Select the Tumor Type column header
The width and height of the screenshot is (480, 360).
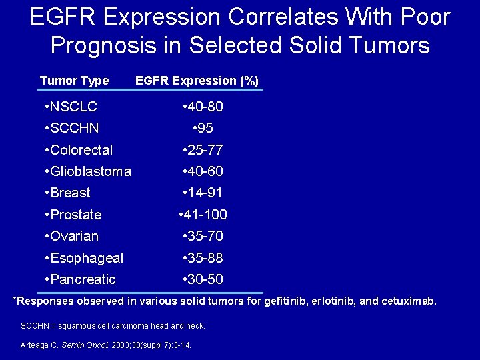coord(74,81)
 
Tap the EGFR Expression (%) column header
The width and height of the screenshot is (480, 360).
coord(197,81)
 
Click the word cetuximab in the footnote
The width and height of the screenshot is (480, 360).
coord(408,301)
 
